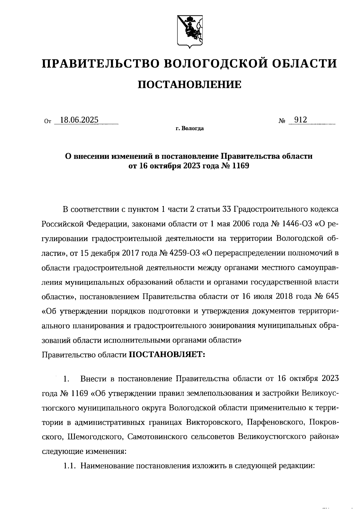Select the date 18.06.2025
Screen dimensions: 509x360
coord(79,120)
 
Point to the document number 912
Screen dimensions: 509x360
coord(301,120)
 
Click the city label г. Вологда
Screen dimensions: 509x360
coord(190,129)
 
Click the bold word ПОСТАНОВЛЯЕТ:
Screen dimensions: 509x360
coord(167,355)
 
